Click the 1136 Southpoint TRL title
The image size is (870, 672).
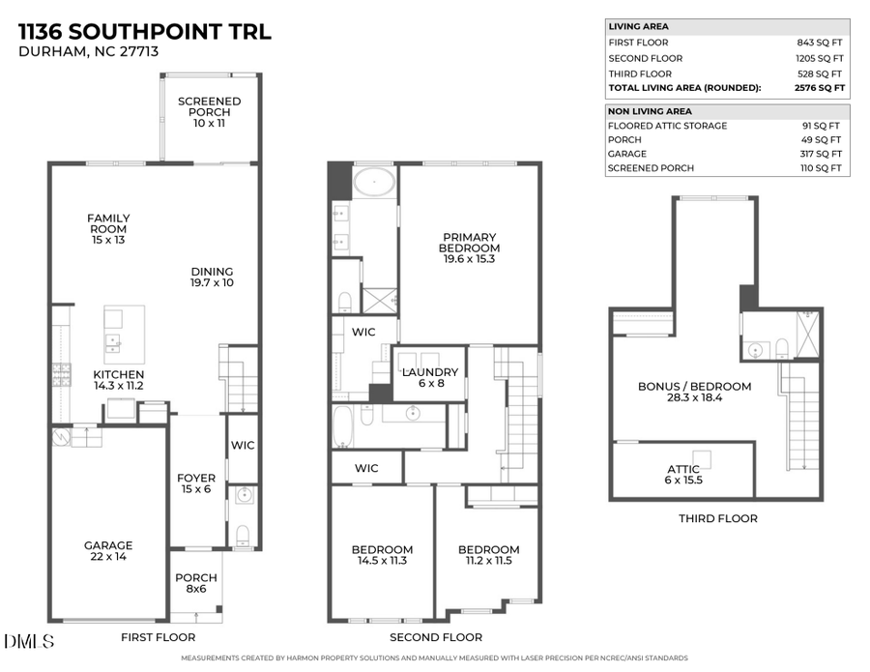click(145, 31)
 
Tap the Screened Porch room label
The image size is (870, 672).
click(209, 112)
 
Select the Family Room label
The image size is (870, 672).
click(107, 228)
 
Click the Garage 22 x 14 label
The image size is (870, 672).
click(107, 550)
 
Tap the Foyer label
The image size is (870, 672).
click(195, 483)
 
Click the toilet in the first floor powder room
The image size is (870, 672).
click(243, 534)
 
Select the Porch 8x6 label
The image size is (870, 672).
click(196, 583)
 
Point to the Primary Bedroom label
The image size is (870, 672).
click(470, 248)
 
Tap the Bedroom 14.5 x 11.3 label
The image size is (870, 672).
click(381, 555)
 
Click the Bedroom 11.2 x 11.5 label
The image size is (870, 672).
click(488, 555)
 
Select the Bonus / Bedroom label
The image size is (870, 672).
click(694, 392)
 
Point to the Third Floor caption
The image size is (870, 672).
click(716, 518)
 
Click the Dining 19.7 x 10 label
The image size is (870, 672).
click(212, 277)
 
